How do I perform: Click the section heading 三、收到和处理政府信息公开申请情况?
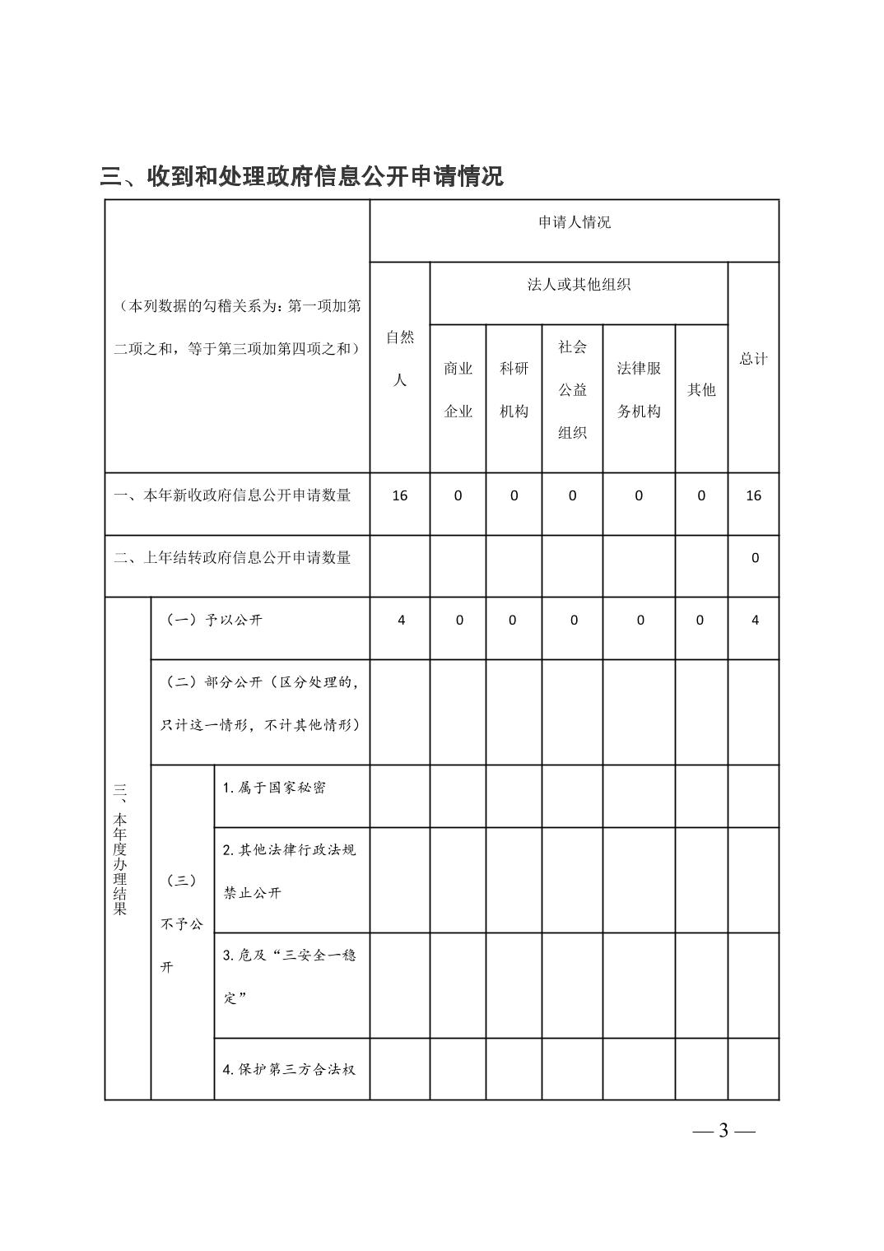click(301, 176)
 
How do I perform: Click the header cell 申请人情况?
click(574, 222)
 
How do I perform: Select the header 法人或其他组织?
click(579, 285)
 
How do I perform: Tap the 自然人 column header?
click(400, 359)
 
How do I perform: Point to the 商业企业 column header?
click(458, 390)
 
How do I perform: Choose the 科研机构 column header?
click(514, 390)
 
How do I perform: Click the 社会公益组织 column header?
click(572, 390)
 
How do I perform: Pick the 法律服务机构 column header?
click(639, 390)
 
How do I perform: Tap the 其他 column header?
click(701, 390)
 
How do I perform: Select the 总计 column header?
click(753, 359)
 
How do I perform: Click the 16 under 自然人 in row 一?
click(400, 495)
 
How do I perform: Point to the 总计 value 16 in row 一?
click(753, 495)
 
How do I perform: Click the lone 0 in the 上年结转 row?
click(755, 558)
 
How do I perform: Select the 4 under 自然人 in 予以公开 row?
click(401, 621)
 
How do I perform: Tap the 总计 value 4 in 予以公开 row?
click(755, 621)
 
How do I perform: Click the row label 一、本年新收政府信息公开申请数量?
click(232, 495)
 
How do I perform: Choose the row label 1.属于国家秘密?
click(274, 788)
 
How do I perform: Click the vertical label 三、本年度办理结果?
click(120, 849)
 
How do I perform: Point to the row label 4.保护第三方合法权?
click(289, 1070)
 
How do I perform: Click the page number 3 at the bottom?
click(723, 1130)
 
